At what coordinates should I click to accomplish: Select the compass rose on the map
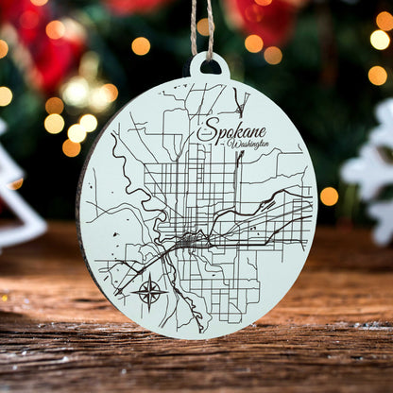click(x=149, y=291)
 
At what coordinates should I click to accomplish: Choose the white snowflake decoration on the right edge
click(x=374, y=179)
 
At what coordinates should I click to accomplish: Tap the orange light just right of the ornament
click(x=329, y=196)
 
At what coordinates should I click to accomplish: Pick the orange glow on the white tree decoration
click(x=16, y=184)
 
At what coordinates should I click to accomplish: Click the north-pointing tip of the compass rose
click(x=149, y=277)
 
